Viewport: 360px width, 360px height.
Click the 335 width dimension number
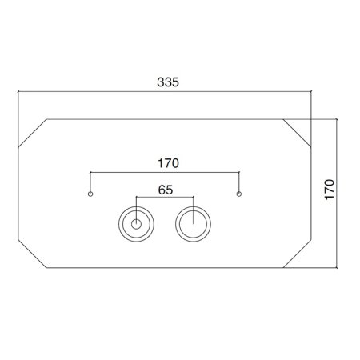168,82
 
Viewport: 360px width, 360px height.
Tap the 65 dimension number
166,190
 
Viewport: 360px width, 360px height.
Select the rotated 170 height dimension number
330,190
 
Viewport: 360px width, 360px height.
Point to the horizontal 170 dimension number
168,163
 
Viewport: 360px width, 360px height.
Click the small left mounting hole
90,194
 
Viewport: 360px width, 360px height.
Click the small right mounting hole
239,194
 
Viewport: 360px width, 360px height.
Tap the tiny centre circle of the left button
136,224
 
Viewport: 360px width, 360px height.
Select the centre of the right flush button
193,224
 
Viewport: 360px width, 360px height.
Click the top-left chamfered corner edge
33,134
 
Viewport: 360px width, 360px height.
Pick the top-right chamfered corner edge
297,133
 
